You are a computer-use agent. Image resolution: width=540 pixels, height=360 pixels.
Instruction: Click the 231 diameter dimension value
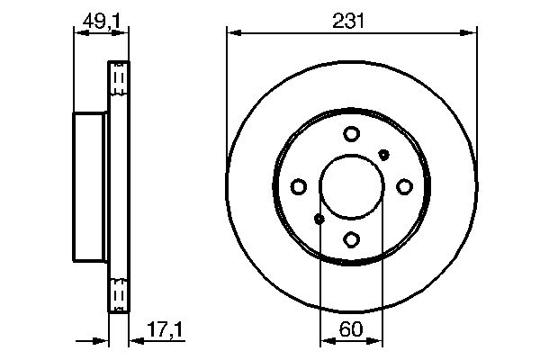click(x=351, y=19)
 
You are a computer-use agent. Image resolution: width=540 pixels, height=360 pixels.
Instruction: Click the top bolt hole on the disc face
click(x=352, y=134)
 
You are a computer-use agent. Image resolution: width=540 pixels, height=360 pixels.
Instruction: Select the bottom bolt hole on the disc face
click(x=352, y=239)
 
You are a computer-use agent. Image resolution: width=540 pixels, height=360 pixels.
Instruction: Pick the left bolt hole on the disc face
click(x=299, y=186)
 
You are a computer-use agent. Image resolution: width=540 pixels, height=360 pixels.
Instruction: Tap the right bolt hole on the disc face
click(x=404, y=186)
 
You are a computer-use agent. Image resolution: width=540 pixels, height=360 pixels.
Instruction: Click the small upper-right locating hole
click(x=384, y=154)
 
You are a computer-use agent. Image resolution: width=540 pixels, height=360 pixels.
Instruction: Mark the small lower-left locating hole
click(x=319, y=219)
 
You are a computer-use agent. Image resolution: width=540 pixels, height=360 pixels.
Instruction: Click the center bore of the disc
click(x=352, y=186)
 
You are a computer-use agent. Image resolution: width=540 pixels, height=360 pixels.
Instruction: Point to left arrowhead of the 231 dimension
click(x=232, y=33)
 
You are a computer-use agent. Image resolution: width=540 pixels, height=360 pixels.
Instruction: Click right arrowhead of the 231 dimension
click(x=471, y=33)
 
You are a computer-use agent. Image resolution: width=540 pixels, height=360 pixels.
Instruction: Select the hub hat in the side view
click(x=89, y=187)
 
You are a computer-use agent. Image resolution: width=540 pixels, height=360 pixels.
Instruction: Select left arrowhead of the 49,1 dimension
click(x=77, y=32)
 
